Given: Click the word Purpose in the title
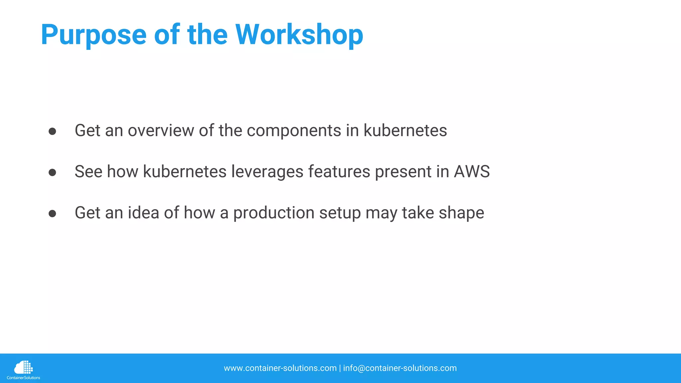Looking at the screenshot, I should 93,35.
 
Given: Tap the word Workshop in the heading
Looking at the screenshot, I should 299,35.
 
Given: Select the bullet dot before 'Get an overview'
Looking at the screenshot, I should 52,131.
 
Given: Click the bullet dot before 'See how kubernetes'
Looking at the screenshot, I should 52,172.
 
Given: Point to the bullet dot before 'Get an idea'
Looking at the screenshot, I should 52,213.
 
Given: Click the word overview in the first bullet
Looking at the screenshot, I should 161,130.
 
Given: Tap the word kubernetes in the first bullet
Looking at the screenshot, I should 405,130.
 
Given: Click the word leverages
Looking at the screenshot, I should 267,172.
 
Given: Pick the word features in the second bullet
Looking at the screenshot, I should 339,172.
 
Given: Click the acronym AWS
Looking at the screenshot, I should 472,172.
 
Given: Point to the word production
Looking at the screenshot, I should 274,213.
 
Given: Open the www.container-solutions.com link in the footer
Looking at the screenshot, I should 280,368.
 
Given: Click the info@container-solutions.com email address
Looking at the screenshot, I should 400,368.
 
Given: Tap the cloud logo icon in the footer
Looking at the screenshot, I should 23,367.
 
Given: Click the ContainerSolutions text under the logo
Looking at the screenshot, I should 23,378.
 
